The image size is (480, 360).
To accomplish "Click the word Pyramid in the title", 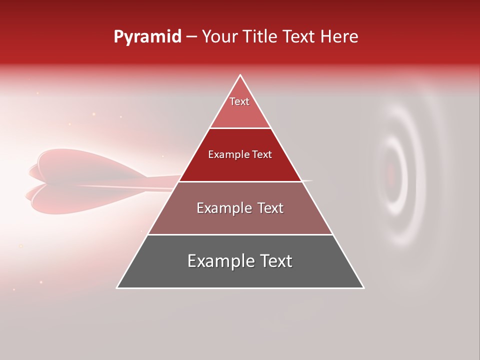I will pos(147,37).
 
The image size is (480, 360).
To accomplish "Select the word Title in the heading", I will pos(261,37).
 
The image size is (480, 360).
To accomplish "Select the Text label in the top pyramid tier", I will pos(239,101).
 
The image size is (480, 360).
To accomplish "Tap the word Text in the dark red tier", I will pos(262,154).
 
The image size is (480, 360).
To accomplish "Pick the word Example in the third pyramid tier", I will pos(223,208).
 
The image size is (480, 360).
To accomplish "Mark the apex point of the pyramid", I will pos(240,75).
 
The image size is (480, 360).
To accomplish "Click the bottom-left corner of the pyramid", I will pos(117,287).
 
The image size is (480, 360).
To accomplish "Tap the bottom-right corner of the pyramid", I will pos(363,287).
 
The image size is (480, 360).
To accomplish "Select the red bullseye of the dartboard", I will pos(391,173).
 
